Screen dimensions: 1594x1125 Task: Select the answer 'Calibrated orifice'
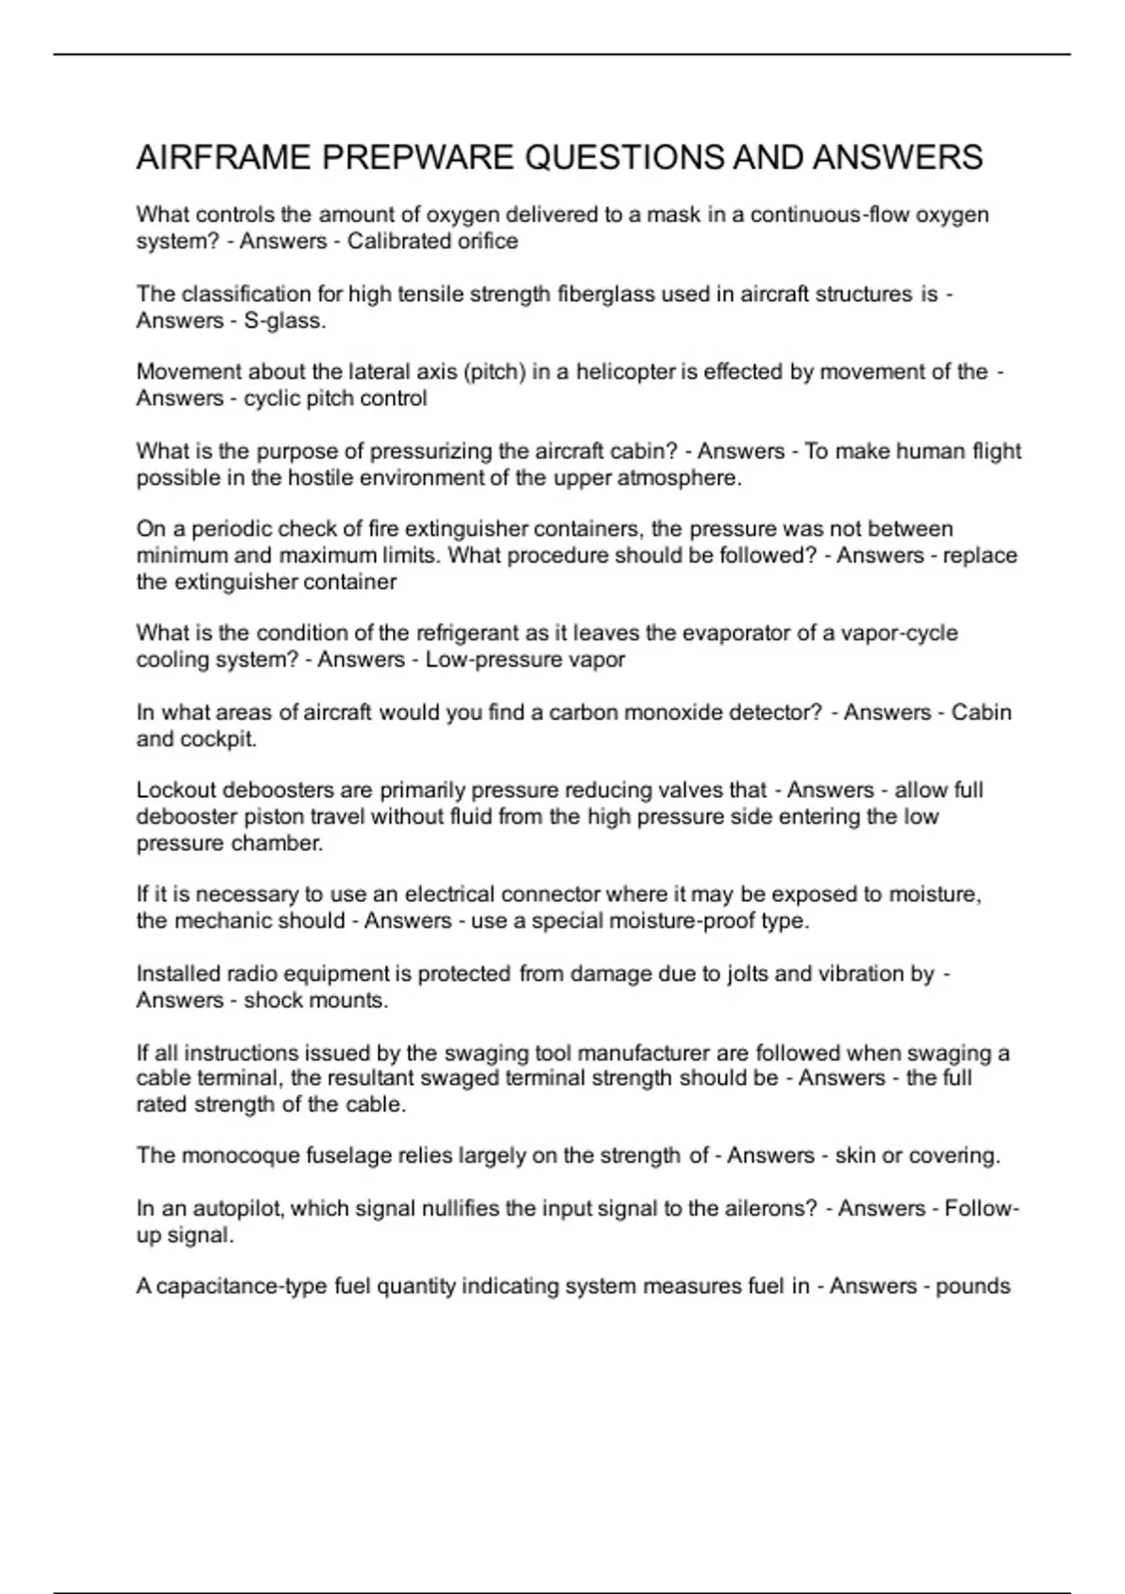tap(432, 242)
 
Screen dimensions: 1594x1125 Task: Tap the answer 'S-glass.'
tap(285, 321)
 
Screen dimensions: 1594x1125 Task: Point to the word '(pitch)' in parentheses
tap(494, 372)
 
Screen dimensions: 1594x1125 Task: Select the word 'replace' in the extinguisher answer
tap(980, 556)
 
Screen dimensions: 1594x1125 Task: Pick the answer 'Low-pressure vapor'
tap(525, 660)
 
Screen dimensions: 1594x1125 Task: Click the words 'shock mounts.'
tap(316, 1000)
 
